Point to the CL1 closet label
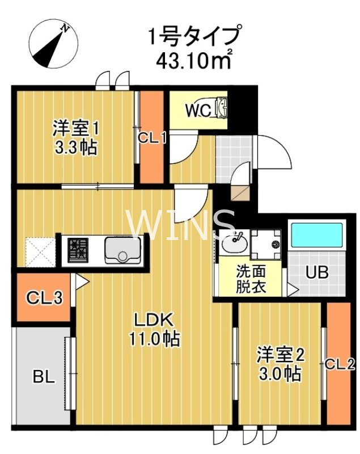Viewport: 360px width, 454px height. (152, 137)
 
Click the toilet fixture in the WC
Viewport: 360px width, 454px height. (221, 106)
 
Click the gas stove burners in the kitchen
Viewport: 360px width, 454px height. (79, 250)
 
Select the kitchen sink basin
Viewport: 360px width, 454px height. (122, 250)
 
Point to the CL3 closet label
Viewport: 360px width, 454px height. (43, 297)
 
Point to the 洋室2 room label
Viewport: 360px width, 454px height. (281, 355)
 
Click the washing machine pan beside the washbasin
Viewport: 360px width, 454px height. (266, 244)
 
